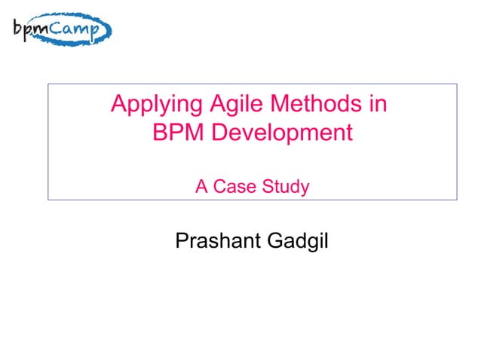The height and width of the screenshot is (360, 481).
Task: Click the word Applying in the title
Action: (x=152, y=104)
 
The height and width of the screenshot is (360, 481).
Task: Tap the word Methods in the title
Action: (x=298, y=104)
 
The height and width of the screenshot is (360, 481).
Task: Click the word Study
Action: (x=283, y=187)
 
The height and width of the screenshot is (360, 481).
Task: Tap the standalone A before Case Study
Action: (x=201, y=187)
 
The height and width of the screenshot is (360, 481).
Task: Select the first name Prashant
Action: (x=212, y=243)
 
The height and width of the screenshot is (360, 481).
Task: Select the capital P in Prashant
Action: (x=181, y=243)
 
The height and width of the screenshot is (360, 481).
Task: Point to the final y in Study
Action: (x=305, y=188)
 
